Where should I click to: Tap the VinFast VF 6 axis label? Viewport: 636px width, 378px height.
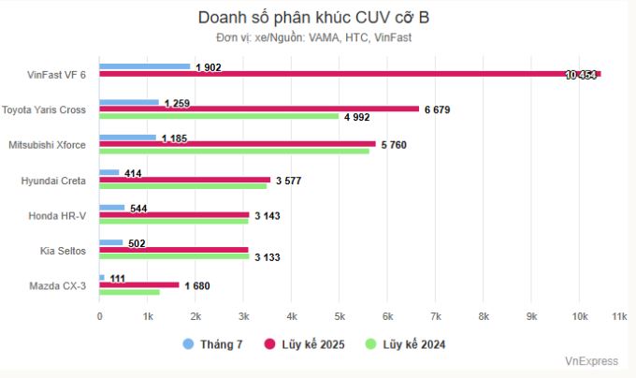point(56,75)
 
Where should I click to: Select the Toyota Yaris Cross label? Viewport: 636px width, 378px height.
point(44,109)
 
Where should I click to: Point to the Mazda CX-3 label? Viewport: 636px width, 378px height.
point(59,285)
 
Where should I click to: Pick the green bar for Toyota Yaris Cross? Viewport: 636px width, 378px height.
point(219,117)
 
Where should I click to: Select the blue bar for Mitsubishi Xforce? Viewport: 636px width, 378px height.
point(128,138)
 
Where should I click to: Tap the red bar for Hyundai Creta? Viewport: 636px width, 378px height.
point(184,180)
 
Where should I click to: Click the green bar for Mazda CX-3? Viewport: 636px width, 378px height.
point(129,292)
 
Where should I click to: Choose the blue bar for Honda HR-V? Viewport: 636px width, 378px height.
point(112,208)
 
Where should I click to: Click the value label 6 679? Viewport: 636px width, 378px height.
point(438,109)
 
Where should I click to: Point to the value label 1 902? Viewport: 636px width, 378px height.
point(209,67)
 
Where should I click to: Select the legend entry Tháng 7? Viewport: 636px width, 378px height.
point(213,344)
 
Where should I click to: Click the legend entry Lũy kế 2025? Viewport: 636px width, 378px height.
point(305,344)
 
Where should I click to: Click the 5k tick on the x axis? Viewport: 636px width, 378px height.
point(340,317)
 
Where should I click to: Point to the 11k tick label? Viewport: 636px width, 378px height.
point(618,317)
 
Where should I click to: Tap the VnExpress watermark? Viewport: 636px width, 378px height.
point(591,361)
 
